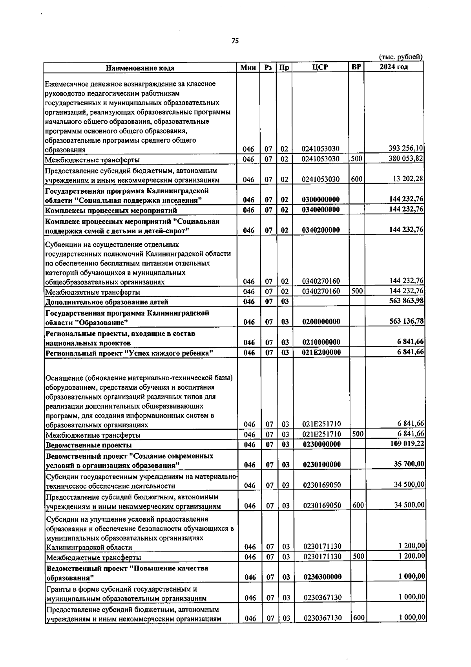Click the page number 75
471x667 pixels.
(235, 41)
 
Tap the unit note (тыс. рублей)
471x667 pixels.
(400, 57)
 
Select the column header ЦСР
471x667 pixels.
(320, 67)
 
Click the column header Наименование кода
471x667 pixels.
(140, 68)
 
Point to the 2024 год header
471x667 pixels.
(394, 67)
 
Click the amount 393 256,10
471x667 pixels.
(405, 148)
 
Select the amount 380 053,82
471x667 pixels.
(405, 159)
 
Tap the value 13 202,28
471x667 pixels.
(408, 179)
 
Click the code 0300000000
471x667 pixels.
(321, 200)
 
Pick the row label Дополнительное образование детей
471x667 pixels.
(107, 302)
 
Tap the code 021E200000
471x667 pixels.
(321, 352)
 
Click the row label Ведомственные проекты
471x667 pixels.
(89, 445)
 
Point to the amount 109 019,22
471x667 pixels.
(407, 444)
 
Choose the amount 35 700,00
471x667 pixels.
(409, 464)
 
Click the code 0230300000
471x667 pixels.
(322, 577)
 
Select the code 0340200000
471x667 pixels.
(321, 230)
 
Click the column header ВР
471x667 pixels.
(356, 67)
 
